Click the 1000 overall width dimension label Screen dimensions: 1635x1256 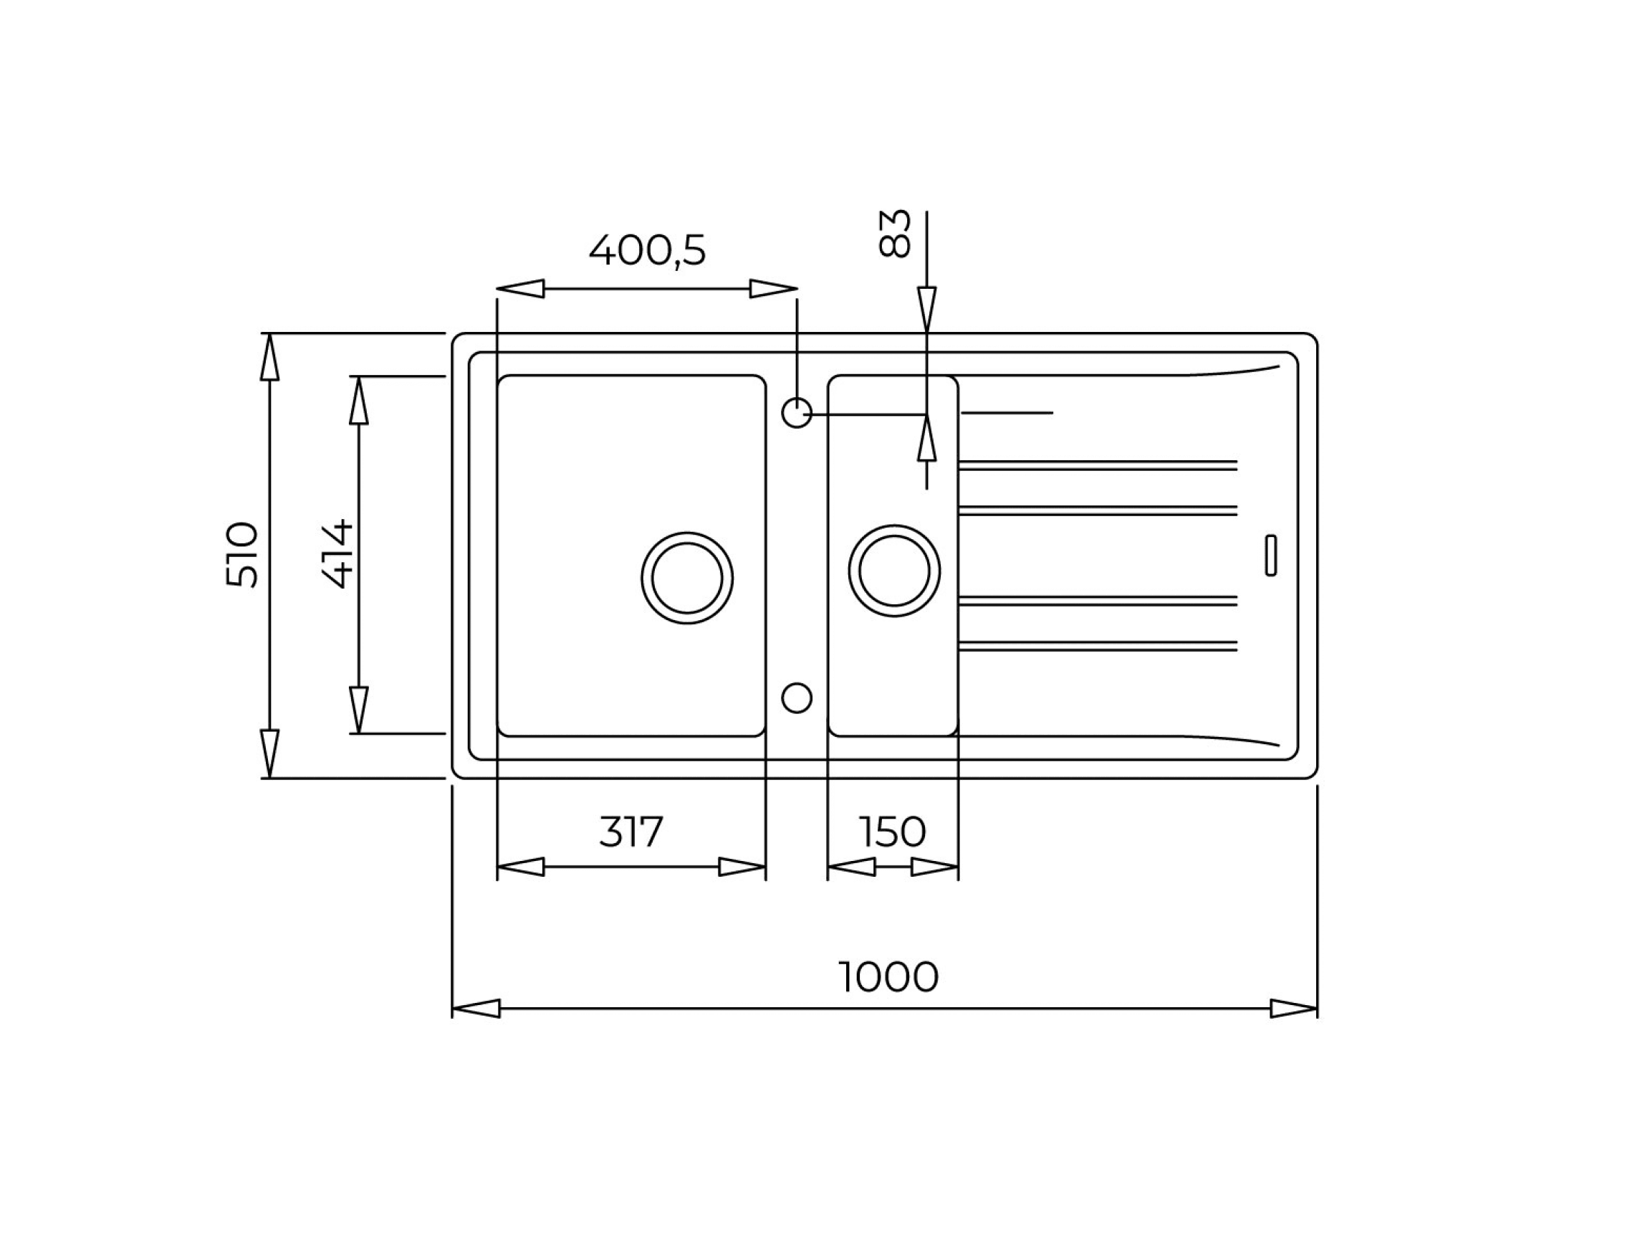888,976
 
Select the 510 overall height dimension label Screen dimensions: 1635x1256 242,555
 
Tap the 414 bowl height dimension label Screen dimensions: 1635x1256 337,554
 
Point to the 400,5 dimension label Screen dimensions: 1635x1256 647,250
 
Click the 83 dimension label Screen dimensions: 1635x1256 894,233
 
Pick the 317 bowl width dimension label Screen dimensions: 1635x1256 631,832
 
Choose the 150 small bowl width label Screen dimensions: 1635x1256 892,832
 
